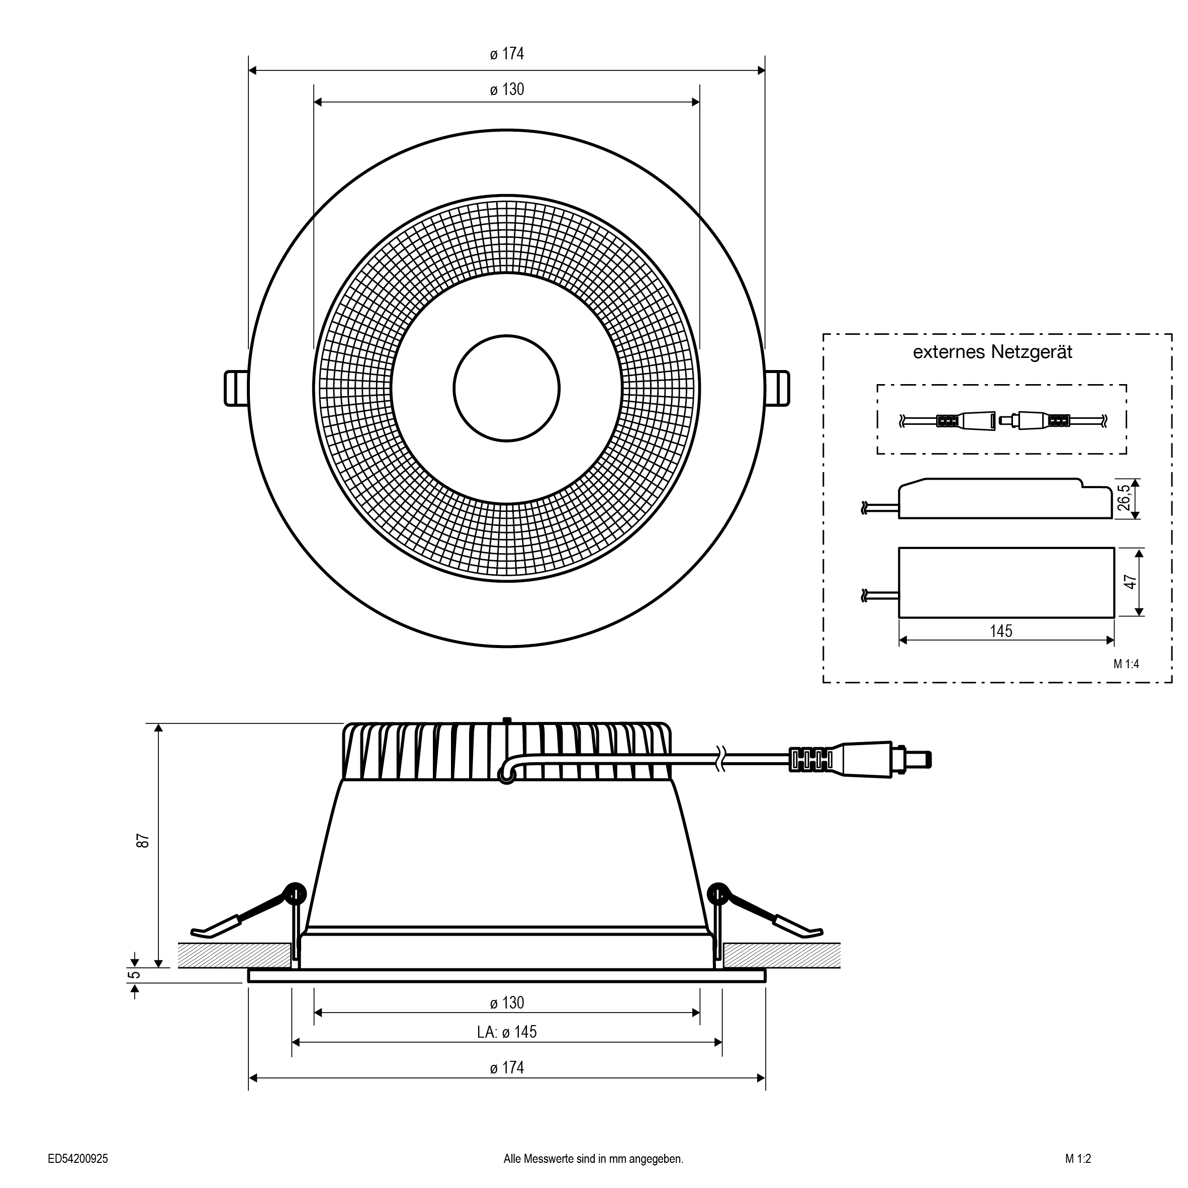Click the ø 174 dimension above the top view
coord(507,54)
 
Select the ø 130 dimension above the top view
coord(507,90)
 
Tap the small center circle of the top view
coord(507,388)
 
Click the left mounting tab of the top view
coord(237,388)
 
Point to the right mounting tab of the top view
coord(777,388)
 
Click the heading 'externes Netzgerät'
coord(992,352)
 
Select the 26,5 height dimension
coord(1124,499)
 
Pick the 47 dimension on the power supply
coord(1130,582)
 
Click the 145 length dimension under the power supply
coord(1000,631)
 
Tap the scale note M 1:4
coord(1126,664)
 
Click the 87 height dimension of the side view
coord(143,841)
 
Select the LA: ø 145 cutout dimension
coord(507,1032)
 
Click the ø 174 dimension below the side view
coord(507,1068)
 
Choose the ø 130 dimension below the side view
coord(507,1003)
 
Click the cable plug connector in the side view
coord(860,760)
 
